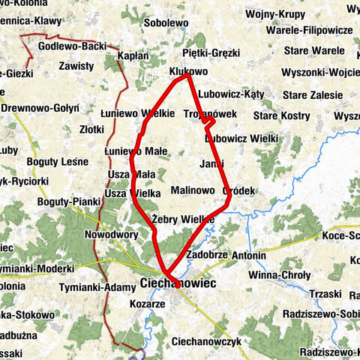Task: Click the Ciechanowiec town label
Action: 177,283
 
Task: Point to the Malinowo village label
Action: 193,190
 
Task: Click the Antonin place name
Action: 249,256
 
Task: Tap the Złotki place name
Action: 91,129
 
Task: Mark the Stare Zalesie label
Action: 312,95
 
